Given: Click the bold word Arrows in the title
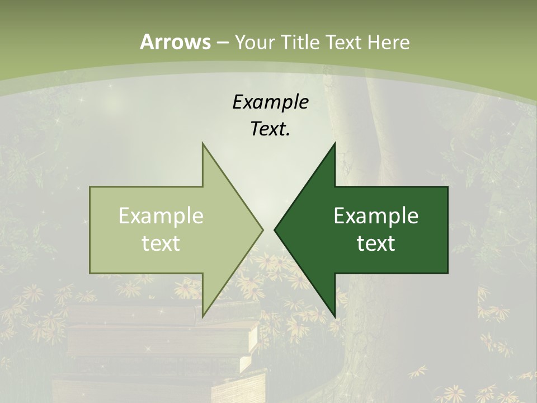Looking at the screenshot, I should pyautogui.click(x=175, y=42).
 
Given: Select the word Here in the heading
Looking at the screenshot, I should pyautogui.click(x=388, y=42).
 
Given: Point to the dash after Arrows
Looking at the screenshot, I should pyautogui.click(x=222, y=43).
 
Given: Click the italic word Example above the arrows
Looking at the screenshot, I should pyautogui.click(x=270, y=102).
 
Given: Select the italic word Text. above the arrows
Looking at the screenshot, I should pyautogui.click(x=270, y=129).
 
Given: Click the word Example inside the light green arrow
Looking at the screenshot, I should pyautogui.click(x=161, y=216).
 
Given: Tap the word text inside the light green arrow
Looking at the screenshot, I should pyautogui.click(x=161, y=243).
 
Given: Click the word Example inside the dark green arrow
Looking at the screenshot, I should pyautogui.click(x=376, y=216).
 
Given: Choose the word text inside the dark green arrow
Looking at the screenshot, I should pyautogui.click(x=376, y=243).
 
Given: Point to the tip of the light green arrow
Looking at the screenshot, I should pyautogui.click(x=263, y=229).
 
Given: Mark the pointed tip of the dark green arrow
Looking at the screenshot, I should pyautogui.click(x=275, y=229).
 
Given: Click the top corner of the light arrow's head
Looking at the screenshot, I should pyautogui.click(x=202, y=143).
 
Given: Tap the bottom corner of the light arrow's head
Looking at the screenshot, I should pyautogui.click(x=202, y=317).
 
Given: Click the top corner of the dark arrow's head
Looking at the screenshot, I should pyautogui.click(x=335, y=143).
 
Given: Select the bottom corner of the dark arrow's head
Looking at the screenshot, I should pyautogui.click(x=335, y=317).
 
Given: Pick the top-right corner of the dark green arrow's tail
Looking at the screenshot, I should pyautogui.click(x=447, y=187).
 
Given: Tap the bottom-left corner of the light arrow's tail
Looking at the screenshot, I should pyautogui.click(x=90, y=273).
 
